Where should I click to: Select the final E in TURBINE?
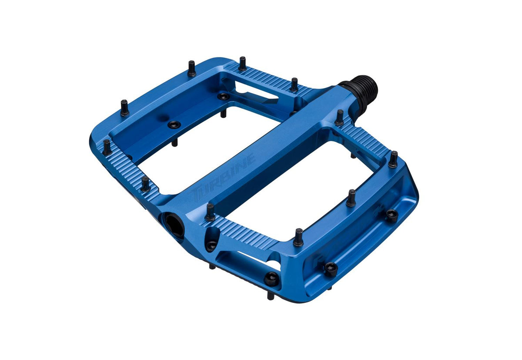(x=251, y=159)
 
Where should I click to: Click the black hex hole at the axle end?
(x=174, y=223)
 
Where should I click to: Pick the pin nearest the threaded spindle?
(x=339, y=117)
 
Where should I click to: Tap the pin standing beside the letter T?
(x=210, y=212)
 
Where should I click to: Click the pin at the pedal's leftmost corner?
(x=107, y=147)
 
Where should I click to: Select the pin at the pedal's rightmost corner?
(x=393, y=159)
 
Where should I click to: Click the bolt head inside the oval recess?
(x=211, y=244)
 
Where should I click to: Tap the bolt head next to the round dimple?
(x=174, y=124)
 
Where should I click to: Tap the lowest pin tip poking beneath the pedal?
(x=271, y=296)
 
